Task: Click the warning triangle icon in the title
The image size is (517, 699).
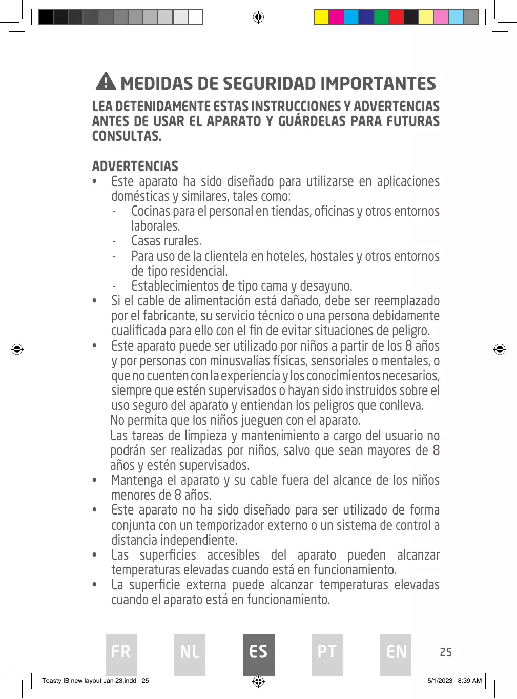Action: (x=106, y=81)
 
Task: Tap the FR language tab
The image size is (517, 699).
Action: (x=121, y=654)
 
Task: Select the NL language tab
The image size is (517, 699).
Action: (x=190, y=654)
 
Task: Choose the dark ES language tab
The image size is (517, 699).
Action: (x=258, y=654)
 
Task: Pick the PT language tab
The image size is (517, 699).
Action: (x=327, y=654)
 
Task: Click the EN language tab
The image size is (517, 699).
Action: (x=396, y=654)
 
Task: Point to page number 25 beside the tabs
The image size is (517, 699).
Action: (x=446, y=652)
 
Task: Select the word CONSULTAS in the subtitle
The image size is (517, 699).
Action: (x=127, y=136)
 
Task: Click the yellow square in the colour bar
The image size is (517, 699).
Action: (x=321, y=17)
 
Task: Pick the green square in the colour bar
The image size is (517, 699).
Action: (x=381, y=17)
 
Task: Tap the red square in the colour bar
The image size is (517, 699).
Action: (x=396, y=17)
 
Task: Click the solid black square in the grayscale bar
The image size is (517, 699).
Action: (x=46, y=17)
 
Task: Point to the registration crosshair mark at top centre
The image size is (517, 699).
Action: (x=258, y=18)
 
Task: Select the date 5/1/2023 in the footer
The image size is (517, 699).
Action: (x=440, y=681)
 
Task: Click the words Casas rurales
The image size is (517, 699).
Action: (x=166, y=241)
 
